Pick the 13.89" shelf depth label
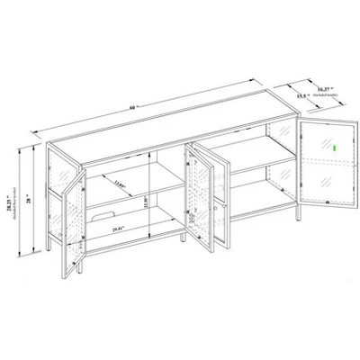tap(121, 185)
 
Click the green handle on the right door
tap(334, 149)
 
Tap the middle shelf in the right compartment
tap(261, 166)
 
